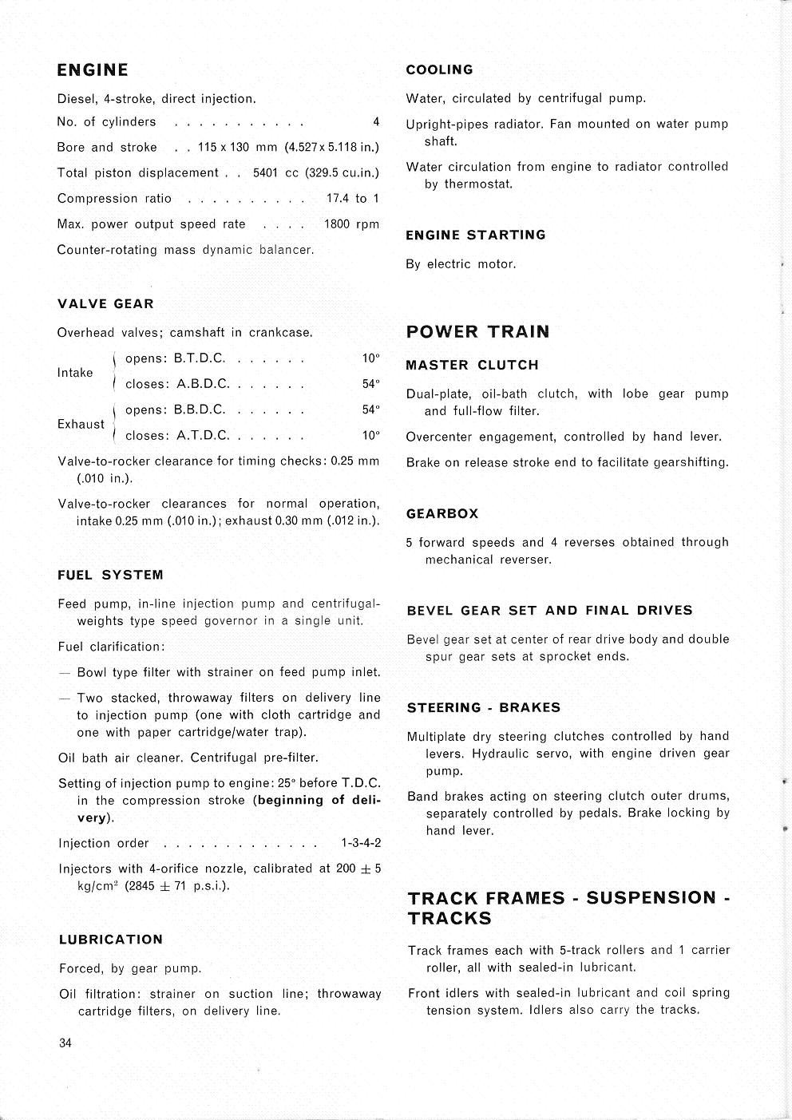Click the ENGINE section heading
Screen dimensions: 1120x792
[93, 70]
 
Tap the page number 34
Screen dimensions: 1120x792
[66, 1043]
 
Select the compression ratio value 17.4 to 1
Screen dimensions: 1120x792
[352, 199]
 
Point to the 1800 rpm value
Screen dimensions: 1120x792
[351, 224]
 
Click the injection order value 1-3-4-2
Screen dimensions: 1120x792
[361, 843]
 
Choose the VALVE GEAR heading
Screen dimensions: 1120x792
[105, 304]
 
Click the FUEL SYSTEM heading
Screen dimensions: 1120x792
[110, 575]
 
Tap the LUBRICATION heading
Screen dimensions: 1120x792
[111, 940]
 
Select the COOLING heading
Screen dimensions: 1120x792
[439, 70]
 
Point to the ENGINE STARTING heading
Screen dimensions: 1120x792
[476, 235]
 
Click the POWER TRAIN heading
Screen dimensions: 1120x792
[478, 332]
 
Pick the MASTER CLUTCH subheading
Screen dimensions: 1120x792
[473, 366]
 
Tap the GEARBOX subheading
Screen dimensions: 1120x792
[442, 514]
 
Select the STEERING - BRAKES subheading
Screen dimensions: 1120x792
[484, 708]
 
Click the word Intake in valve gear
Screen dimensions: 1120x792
[75, 373]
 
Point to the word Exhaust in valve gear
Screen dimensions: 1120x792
[81, 424]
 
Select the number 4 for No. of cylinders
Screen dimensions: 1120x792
[376, 122]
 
